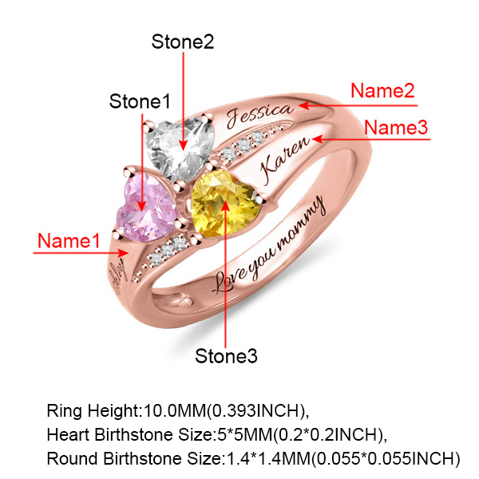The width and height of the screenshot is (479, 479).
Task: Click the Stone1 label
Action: point(141,101)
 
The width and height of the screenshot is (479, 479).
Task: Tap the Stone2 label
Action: point(183,42)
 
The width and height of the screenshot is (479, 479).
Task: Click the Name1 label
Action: point(70,239)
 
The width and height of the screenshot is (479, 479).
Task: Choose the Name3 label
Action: point(397,127)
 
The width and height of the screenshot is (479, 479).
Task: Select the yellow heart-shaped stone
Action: point(225,204)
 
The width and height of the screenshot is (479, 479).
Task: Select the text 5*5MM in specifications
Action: point(236,435)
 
